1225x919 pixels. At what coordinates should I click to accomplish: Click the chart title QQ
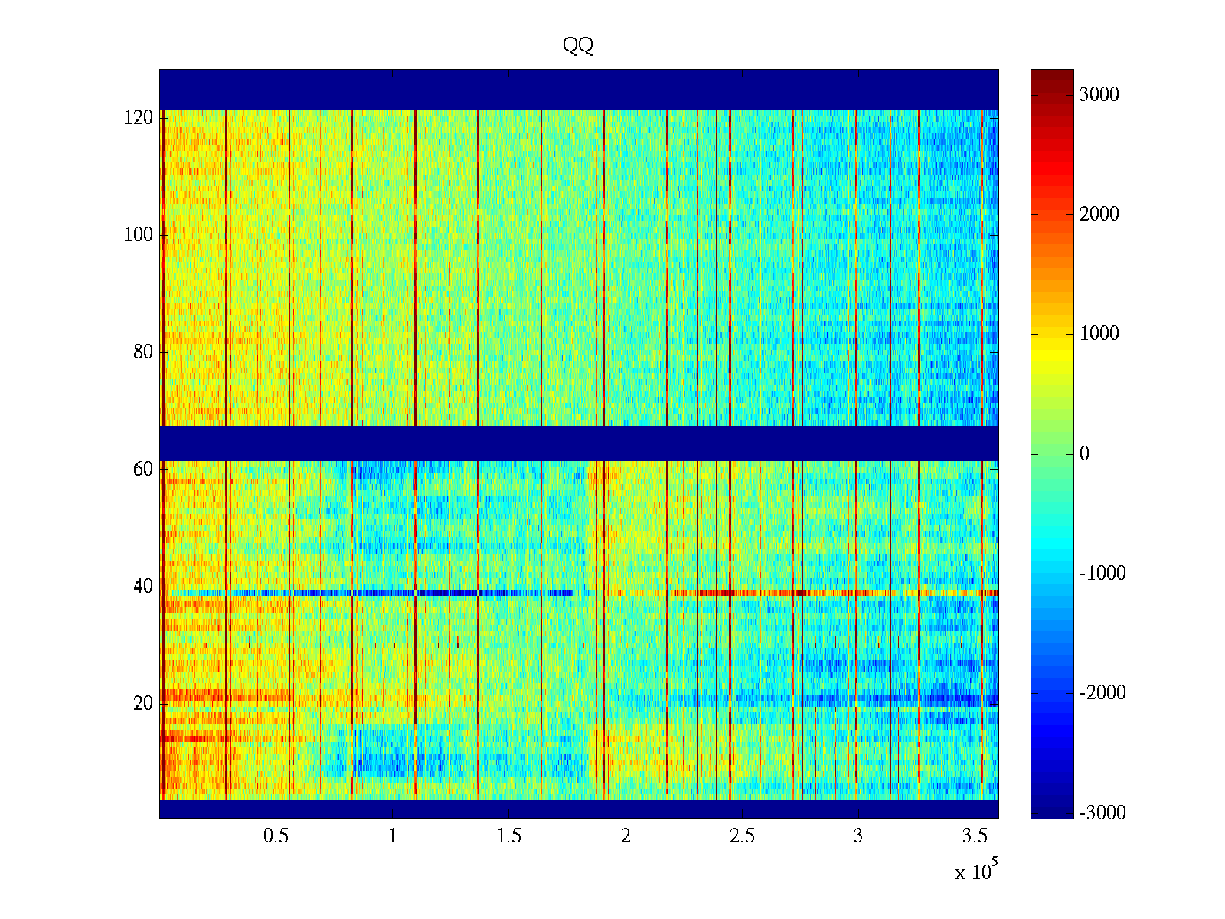click(578, 46)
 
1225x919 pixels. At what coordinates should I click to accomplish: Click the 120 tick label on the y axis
click(139, 118)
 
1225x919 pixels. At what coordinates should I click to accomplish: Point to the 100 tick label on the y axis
click(139, 235)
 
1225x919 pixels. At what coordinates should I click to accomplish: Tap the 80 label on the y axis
click(143, 352)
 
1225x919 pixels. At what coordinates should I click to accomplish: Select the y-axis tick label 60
click(143, 469)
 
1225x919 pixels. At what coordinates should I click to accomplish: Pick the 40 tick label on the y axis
click(143, 587)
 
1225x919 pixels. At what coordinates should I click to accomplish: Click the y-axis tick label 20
click(143, 704)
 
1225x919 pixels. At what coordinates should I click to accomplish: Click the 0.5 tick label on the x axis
click(276, 836)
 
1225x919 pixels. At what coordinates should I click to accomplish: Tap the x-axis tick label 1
click(393, 836)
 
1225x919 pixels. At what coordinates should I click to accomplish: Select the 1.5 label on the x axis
click(509, 836)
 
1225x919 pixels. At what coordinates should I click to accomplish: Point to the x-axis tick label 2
click(626, 836)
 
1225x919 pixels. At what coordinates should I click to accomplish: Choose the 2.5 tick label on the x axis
click(742, 836)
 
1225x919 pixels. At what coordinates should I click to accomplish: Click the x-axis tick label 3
click(858, 836)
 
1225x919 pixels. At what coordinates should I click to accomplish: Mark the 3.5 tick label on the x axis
click(975, 836)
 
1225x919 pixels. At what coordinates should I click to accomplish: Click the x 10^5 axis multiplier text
click(976, 872)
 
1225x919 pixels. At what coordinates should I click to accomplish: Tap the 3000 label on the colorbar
click(1099, 95)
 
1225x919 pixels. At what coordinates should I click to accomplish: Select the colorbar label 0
click(1084, 454)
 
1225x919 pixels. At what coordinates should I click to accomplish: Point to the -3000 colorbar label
click(1102, 813)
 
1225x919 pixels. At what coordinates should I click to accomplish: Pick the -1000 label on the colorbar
click(1102, 574)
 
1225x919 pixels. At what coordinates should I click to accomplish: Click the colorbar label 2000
click(1099, 214)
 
